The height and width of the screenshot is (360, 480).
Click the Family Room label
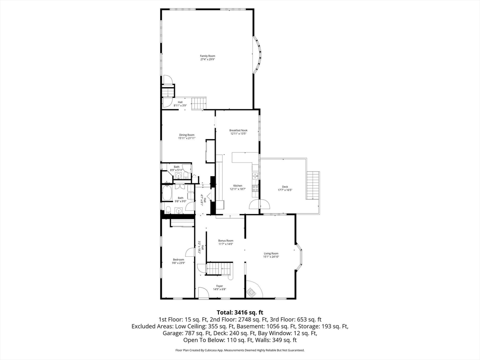point(208,56)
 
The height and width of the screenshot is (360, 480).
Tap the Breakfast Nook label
point(238,130)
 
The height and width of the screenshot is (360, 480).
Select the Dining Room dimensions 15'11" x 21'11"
point(186,138)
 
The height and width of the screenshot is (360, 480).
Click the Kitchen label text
point(238,186)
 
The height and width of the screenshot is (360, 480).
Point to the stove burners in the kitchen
point(255,188)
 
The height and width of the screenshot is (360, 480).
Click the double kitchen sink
point(255,176)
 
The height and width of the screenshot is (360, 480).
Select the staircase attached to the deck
point(313,186)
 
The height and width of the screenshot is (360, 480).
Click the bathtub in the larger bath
point(167,193)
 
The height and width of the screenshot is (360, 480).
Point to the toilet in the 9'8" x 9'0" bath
point(167,209)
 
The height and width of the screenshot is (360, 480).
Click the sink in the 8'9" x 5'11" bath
point(178,176)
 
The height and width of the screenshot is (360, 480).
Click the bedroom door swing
point(190,253)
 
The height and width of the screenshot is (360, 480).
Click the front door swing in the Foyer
point(203,293)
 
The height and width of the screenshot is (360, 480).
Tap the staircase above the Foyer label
point(219,269)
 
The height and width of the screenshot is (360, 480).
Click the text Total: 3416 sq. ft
point(240,312)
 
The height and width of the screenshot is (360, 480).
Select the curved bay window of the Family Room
point(257,55)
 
